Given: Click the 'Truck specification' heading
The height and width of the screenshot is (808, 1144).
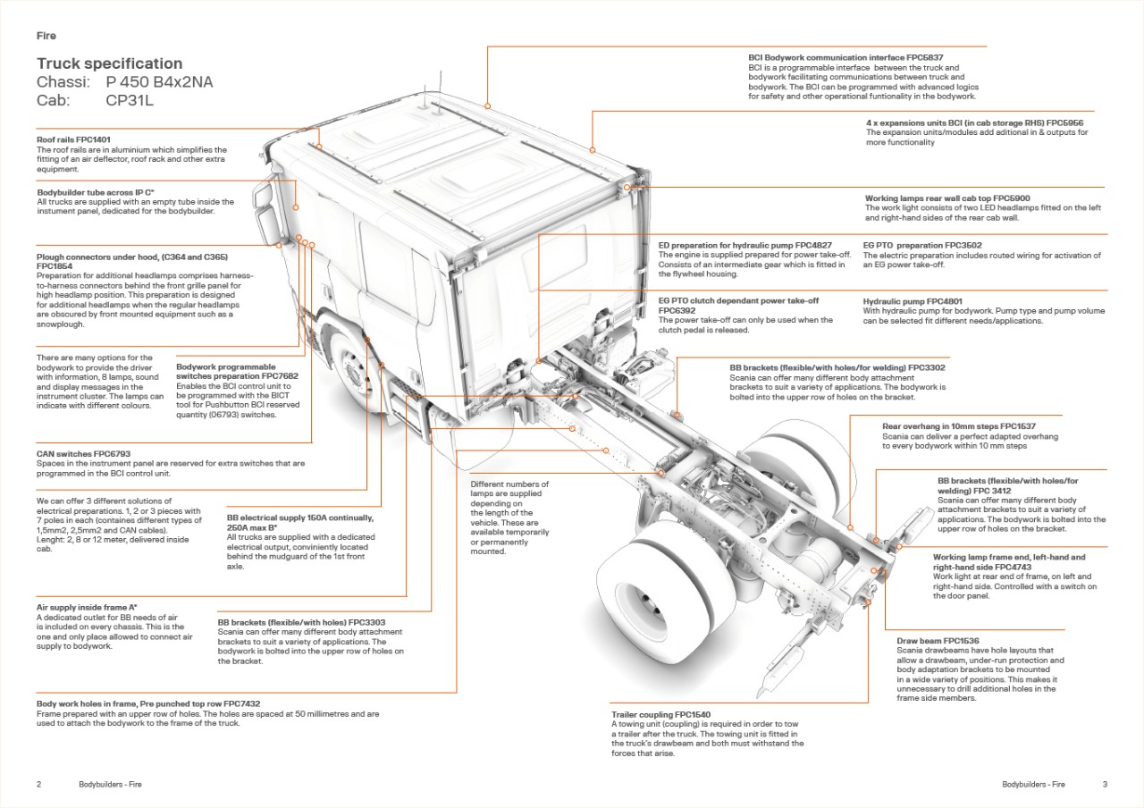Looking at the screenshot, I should [x=109, y=63].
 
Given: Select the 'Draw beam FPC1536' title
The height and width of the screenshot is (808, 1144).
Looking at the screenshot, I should [x=938, y=641].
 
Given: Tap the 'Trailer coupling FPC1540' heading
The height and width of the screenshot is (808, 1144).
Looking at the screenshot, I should [x=660, y=715].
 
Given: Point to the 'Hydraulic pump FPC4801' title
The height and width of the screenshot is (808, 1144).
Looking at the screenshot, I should [x=912, y=302].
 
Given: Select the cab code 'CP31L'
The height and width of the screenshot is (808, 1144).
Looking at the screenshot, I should [x=130, y=101].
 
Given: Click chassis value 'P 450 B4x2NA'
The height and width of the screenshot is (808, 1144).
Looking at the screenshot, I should [x=159, y=82].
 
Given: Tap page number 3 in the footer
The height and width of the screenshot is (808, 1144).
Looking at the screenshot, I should [x=1105, y=785].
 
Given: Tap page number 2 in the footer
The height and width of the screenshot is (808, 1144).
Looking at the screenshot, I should [x=38, y=785].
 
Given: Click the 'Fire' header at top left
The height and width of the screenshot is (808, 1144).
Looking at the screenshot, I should [x=46, y=36].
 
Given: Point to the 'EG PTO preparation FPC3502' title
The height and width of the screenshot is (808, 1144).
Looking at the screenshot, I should [x=922, y=245].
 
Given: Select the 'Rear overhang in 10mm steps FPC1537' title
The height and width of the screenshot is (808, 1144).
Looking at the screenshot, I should [x=959, y=426].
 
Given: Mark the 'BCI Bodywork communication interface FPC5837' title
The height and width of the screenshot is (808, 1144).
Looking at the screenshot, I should [x=845, y=57].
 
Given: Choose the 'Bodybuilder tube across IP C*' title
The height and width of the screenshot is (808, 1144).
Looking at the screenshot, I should [x=96, y=192].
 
